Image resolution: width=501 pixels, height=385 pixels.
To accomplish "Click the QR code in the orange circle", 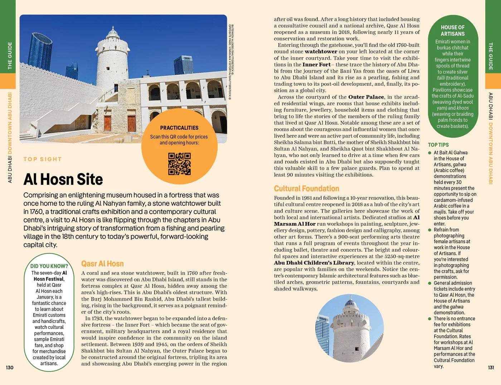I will pyautogui.click(x=179, y=164).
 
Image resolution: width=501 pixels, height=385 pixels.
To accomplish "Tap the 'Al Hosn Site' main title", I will pyautogui.click(x=63, y=179).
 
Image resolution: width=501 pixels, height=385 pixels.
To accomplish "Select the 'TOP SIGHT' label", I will pyautogui.click(x=43, y=159).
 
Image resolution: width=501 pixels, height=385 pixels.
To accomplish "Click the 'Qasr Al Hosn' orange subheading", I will pyautogui.click(x=102, y=264).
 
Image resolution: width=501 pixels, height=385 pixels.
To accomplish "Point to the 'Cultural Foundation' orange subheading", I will pyautogui.click(x=306, y=189).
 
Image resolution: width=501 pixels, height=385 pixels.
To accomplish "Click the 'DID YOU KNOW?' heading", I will pyautogui.click(x=49, y=266).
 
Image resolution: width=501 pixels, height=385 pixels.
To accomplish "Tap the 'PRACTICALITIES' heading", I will pyautogui.click(x=179, y=128).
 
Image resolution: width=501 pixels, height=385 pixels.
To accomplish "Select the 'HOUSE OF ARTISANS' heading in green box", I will pyautogui.click(x=452, y=30).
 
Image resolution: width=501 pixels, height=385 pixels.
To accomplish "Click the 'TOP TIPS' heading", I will pyautogui.click(x=438, y=145).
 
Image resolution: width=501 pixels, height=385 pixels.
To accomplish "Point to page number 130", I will pyautogui.click(x=10, y=367).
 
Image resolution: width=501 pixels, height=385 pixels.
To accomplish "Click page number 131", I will pyautogui.click(x=491, y=367).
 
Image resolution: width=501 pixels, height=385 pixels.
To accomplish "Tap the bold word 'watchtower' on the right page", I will pyautogui.click(x=321, y=51).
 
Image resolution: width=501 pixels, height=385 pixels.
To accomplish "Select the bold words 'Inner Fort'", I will pyautogui.click(x=316, y=65).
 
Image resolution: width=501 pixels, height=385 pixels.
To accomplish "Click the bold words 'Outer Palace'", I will pyautogui.click(x=366, y=97).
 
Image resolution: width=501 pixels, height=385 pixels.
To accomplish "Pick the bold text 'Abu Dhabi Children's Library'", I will pyautogui.click(x=314, y=263).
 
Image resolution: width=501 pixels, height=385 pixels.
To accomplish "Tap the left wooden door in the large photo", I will pyautogui.click(x=107, y=123).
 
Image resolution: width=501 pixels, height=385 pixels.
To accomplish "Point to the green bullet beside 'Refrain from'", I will pyautogui.click(x=430, y=230).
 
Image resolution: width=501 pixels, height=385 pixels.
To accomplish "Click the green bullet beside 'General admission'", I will pyautogui.click(x=430, y=283).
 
